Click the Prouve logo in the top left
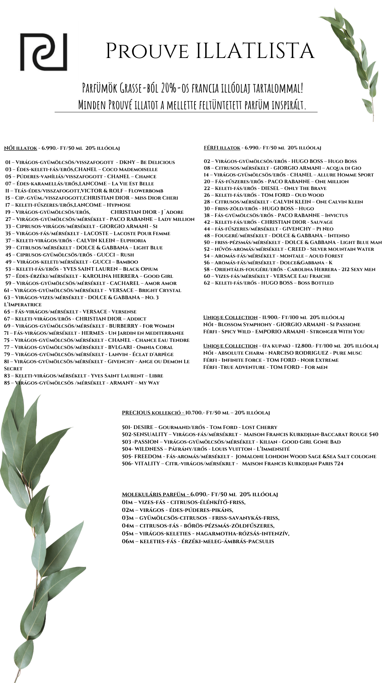tap(43, 52)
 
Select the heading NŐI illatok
tap(21, 148)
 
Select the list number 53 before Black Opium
tap(8, 269)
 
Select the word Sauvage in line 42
tap(322, 222)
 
